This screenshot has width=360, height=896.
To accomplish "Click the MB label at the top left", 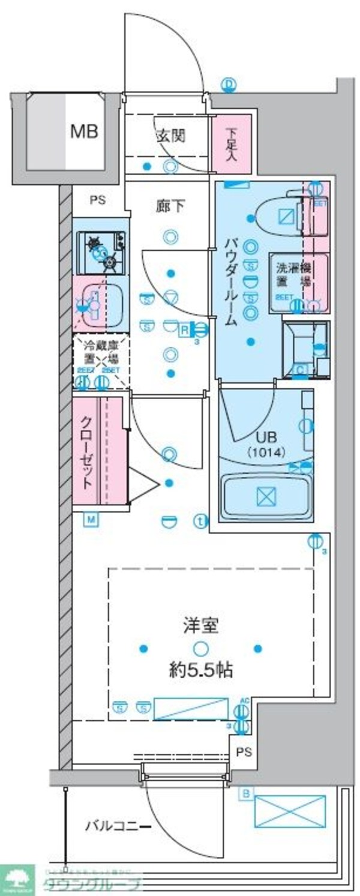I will (85, 131).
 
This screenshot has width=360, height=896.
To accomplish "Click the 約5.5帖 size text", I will (200, 670).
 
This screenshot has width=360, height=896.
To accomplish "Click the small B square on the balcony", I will (245, 795).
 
